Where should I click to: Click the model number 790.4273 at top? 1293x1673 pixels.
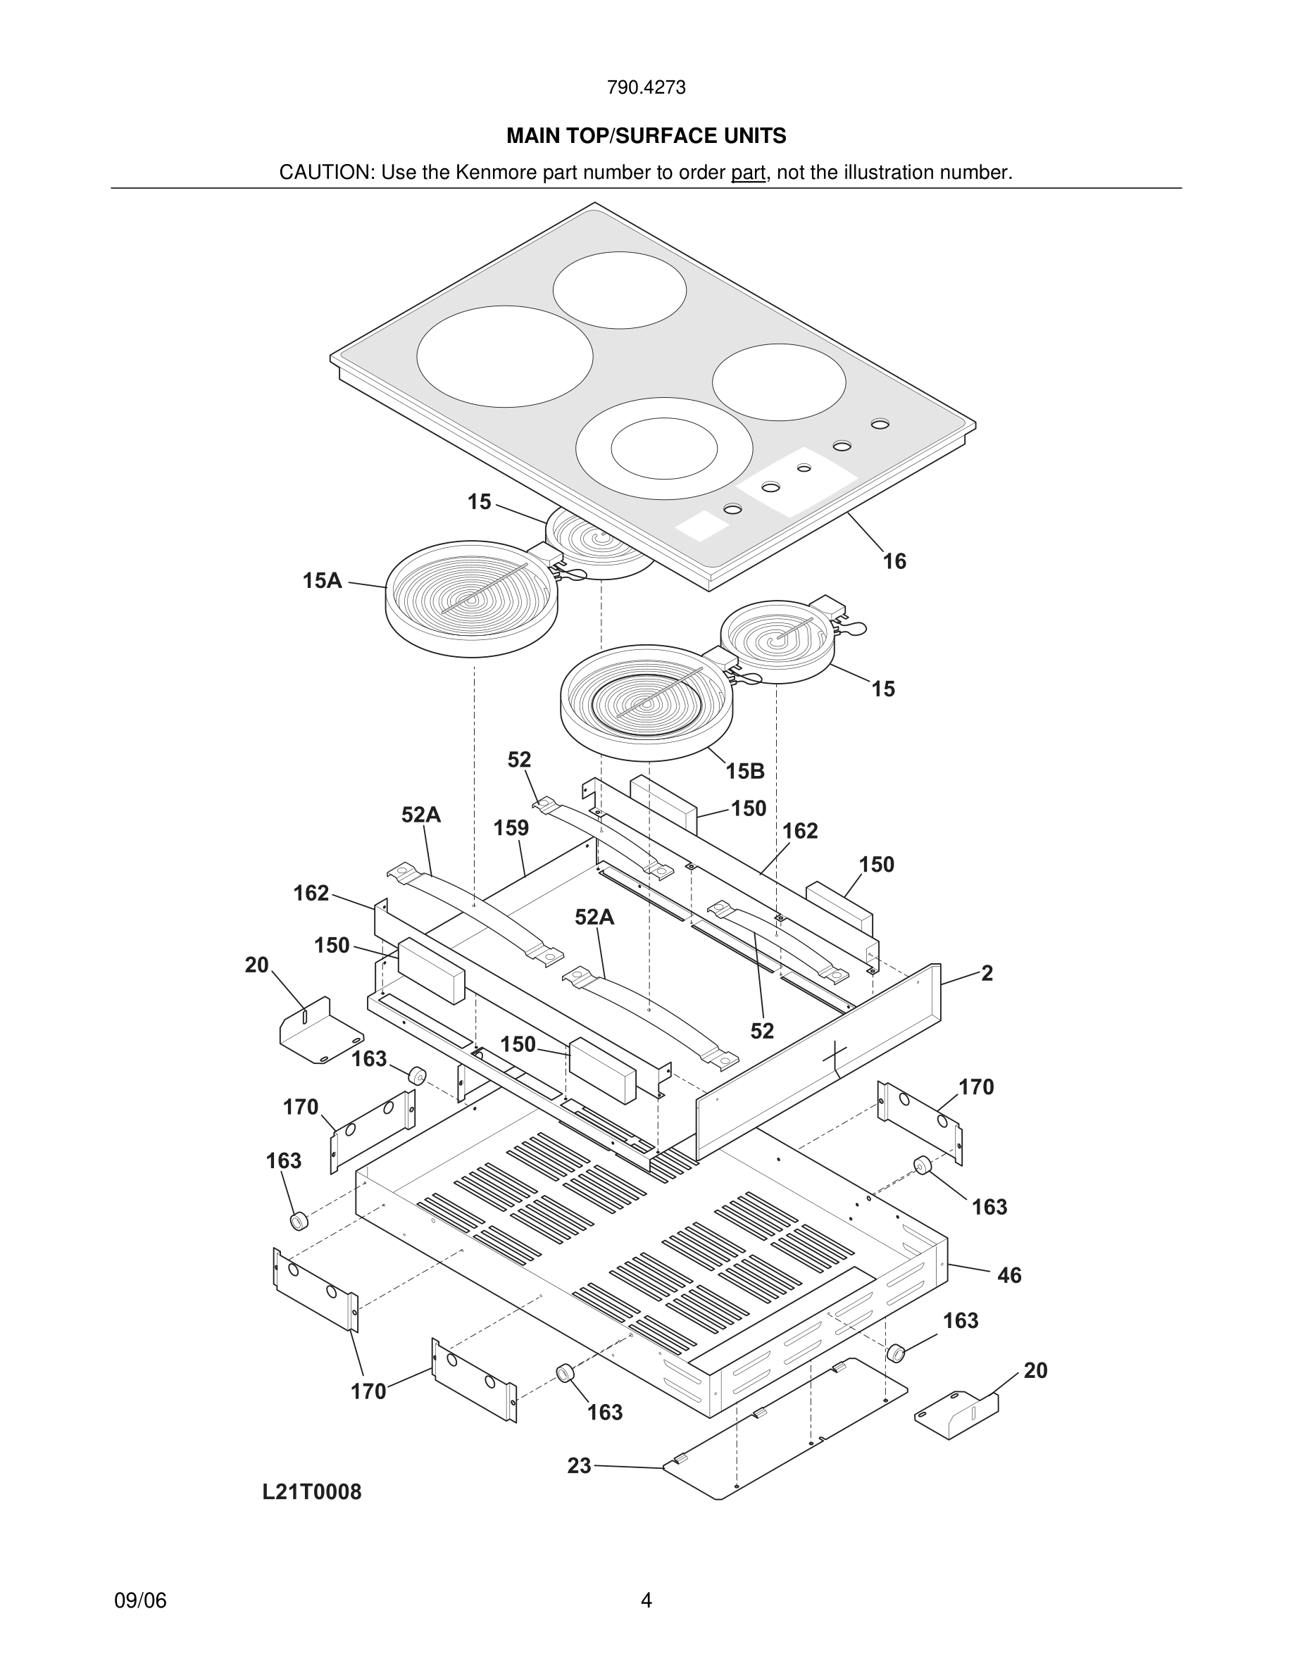pyautogui.click(x=646, y=88)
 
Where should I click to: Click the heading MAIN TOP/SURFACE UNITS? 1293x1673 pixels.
pyautogui.click(x=646, y=137)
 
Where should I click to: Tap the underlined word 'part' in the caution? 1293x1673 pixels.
pyautogui.click(x=748, y=173)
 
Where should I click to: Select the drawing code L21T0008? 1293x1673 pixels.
pyautogui.click(x=312, y=1491)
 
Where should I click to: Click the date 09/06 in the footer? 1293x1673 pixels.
pyautogui.click(x=140, y=1600)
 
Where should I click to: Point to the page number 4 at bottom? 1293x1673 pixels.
pyautogui.click(x=646, y=1600)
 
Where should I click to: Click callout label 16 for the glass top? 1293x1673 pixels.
pyautogui.click(x=894, y=561)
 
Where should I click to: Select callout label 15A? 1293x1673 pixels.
pyautogui.click(x=322, y=581)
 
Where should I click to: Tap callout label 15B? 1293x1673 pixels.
pyautogui.click(x=745, y=772)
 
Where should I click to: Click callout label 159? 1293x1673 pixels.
pyautogui.click(x=511, y=828)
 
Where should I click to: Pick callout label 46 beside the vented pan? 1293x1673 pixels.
pyautogui.click(x=1008, y=1275)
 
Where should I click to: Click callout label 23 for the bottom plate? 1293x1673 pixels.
pyautogui.click(x=579, y=1465)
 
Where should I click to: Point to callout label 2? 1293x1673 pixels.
pyautogui.click(x=987, y=974)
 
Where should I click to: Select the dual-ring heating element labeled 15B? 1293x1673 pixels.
pyautogui.click(x=646, y=703)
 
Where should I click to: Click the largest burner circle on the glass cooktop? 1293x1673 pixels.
pyautogui.click(x=505, y=356)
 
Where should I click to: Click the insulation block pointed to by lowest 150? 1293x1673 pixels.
pyautogui.click(x=603, y=1070)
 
